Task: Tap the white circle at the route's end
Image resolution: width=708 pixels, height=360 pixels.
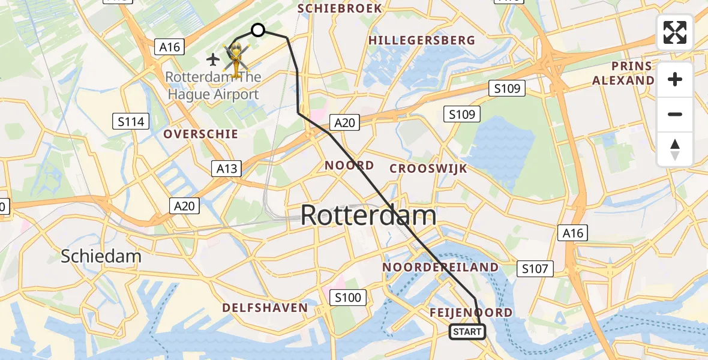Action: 257,30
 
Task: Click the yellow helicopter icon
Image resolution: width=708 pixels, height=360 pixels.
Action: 236,59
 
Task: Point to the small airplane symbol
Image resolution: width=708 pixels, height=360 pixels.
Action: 213,59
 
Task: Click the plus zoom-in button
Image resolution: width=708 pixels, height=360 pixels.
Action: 675,79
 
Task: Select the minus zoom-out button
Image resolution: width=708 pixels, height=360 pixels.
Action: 675,115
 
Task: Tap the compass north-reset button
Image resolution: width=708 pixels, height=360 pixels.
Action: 675,149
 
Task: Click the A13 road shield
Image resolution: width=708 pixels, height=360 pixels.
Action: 227,169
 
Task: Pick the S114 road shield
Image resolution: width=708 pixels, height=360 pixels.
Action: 131,122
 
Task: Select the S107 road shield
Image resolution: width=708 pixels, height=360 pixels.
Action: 535,269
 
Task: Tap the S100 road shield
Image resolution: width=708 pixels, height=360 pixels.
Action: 348,297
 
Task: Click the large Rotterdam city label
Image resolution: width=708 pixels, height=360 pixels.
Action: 368,215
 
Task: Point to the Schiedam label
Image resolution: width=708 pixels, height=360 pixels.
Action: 101,256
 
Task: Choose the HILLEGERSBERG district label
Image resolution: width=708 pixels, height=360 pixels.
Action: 422,40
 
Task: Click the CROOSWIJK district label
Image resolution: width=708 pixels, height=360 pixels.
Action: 428,169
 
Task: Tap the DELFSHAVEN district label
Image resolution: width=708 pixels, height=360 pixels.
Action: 265,308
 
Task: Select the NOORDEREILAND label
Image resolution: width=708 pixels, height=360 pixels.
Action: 440,267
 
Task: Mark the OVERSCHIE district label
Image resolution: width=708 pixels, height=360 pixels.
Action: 201,134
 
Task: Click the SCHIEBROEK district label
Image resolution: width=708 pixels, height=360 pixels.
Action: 340,8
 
